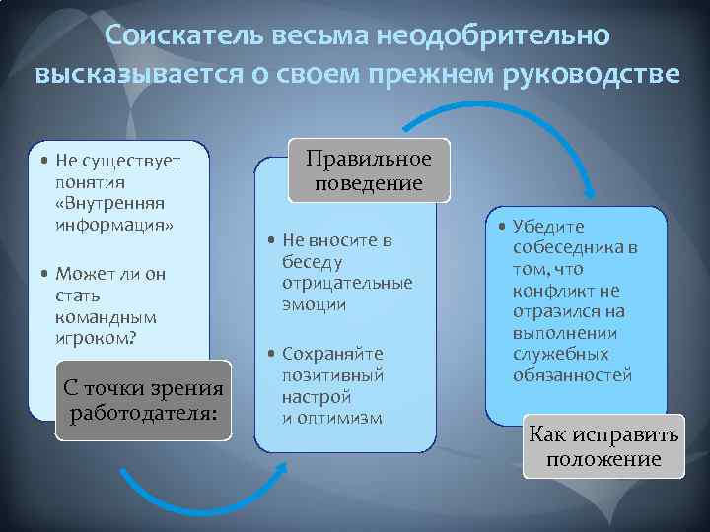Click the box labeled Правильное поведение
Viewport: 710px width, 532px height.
point(369,170)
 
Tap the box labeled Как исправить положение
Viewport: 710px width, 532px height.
point(603,446)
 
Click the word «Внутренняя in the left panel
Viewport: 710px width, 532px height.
point(109,203)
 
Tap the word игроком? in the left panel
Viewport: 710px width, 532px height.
point(96,338)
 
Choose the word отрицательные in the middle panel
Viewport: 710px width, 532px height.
point(347,283)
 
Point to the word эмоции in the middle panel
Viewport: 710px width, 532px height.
point(314,304)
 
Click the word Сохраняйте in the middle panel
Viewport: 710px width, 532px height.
point(332,354)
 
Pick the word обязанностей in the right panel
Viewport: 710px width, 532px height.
point(572,375)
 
